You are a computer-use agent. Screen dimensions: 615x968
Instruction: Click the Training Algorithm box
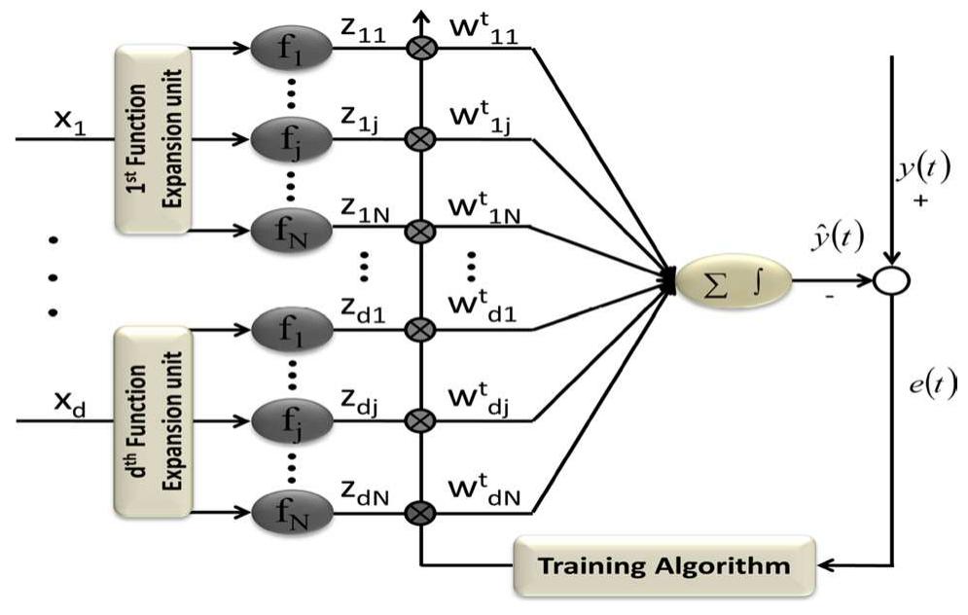tap(664, 564)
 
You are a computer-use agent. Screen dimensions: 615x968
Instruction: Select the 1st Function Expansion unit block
tap(153, 139)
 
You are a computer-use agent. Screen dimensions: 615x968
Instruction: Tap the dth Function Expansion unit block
tap(153, 420)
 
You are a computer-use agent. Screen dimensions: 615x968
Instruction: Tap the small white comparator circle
tap(891, 281)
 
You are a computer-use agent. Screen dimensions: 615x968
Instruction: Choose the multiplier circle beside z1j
tap(420, 139)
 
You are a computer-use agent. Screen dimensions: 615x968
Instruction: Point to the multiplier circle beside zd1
tap(420, 329)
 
